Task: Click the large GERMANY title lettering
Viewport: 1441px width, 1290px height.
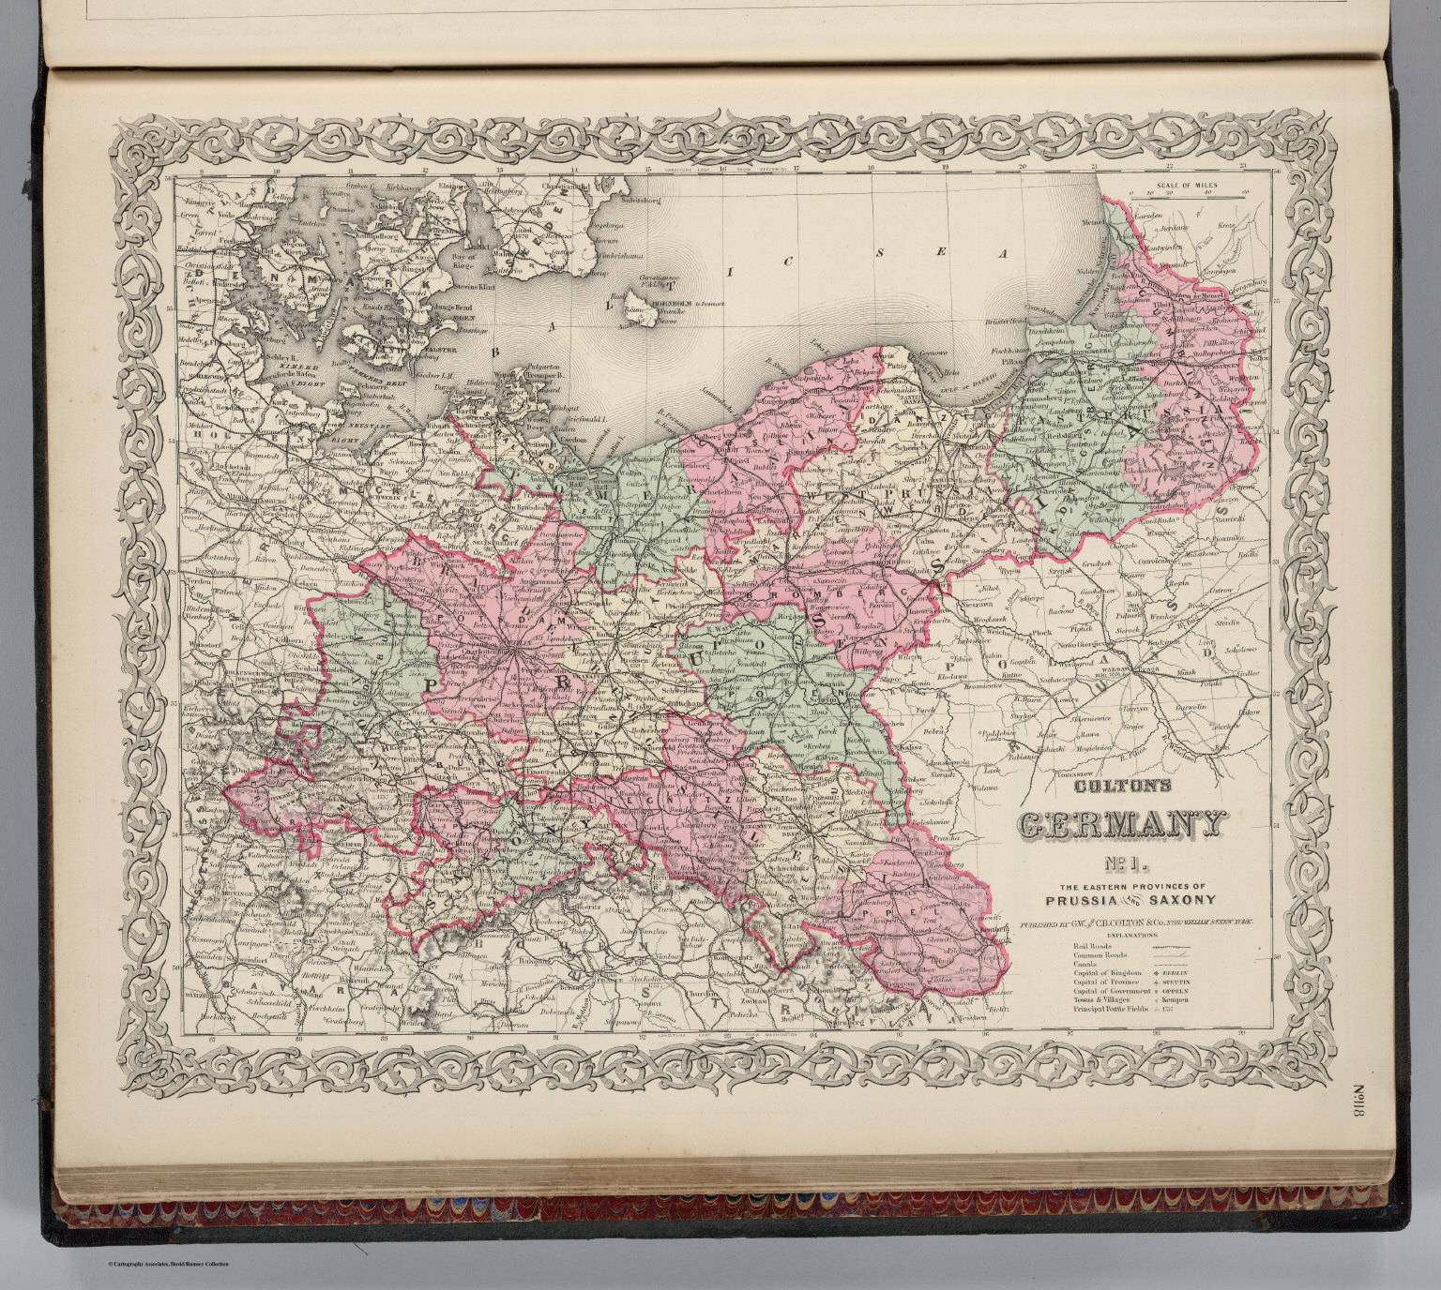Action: (x=1122, y=825)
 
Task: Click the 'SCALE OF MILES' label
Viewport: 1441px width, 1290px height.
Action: (x=1187, y=186)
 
